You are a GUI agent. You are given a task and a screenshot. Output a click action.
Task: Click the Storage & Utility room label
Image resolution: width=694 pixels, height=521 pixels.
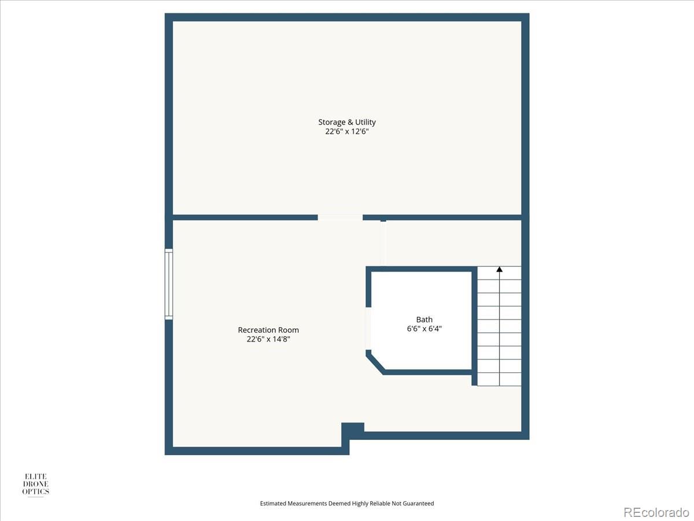tap(347, 122)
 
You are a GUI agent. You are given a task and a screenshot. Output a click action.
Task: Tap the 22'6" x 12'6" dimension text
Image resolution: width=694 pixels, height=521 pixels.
tap(347, 131)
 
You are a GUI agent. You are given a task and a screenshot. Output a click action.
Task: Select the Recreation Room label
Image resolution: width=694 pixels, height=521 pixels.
tap(268, 330)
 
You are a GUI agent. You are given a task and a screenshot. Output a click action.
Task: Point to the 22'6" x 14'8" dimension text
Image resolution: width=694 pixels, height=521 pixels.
tap(268, 339)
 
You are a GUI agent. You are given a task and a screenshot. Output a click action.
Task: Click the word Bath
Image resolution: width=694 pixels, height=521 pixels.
tap(424, 320)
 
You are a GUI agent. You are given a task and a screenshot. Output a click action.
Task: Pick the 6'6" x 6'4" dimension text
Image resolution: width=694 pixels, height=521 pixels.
tap(424, 329)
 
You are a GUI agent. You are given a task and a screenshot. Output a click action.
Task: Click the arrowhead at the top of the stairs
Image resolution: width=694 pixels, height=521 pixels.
tap(499, 269)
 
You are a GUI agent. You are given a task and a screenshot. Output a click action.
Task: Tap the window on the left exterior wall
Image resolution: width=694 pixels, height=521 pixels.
tap(169, 284)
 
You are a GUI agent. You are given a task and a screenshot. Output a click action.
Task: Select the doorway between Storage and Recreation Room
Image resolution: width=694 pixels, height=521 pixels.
tap(340, 217)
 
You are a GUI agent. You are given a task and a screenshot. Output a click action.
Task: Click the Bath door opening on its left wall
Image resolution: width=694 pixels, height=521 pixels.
tap(368, 328)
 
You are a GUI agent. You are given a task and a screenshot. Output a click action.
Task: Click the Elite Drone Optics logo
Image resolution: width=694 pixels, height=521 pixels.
tap(36, 485)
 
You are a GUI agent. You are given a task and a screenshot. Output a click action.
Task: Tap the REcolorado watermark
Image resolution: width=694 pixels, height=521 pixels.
tap(656, 512)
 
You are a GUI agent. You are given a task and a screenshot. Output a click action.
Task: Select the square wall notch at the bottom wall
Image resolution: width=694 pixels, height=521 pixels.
tap(353, 431)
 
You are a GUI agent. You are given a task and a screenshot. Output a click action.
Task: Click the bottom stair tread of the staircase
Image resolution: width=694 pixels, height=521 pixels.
tap(499, 379)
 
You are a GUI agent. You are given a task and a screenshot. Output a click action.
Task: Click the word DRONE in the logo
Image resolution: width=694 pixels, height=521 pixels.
tap(36, 484)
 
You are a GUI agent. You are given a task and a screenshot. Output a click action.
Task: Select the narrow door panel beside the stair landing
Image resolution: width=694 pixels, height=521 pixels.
tap(383, 243)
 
